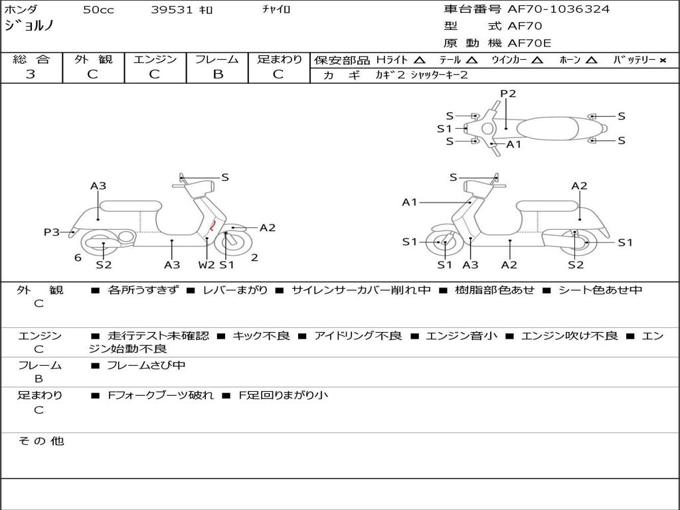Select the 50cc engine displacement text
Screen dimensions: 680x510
point(98,10)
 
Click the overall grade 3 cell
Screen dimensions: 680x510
point(31,74)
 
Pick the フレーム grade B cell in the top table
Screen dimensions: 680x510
point(218,74)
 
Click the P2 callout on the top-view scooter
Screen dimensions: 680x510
point(508,94)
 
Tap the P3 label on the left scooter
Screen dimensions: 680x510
point(52,232)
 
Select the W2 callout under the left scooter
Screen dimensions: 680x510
point(207,265)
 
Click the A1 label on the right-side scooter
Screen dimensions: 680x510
point(410,202)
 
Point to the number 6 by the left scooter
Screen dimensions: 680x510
point(78,258)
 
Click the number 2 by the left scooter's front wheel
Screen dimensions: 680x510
point(254,258)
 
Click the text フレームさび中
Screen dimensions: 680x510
point(146,365)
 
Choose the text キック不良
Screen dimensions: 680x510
point(261,336)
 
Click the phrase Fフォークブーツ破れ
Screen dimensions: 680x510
point(161,395)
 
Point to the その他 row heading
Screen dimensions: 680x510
point(41,441)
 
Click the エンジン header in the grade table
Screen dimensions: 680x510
point(155,59)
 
